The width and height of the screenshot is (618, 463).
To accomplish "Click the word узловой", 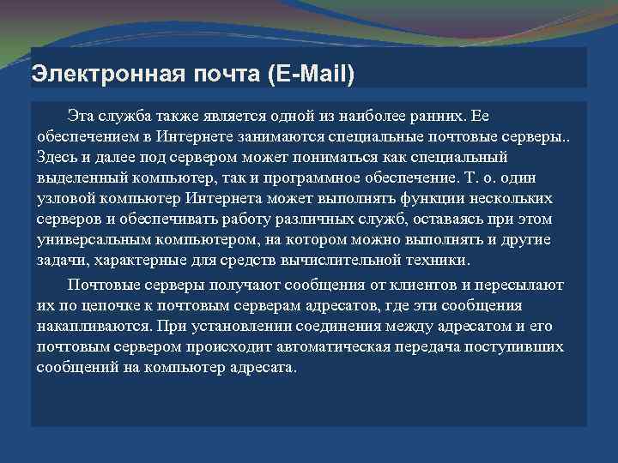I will (64, 199).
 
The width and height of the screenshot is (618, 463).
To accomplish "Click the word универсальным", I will (96, 240).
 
